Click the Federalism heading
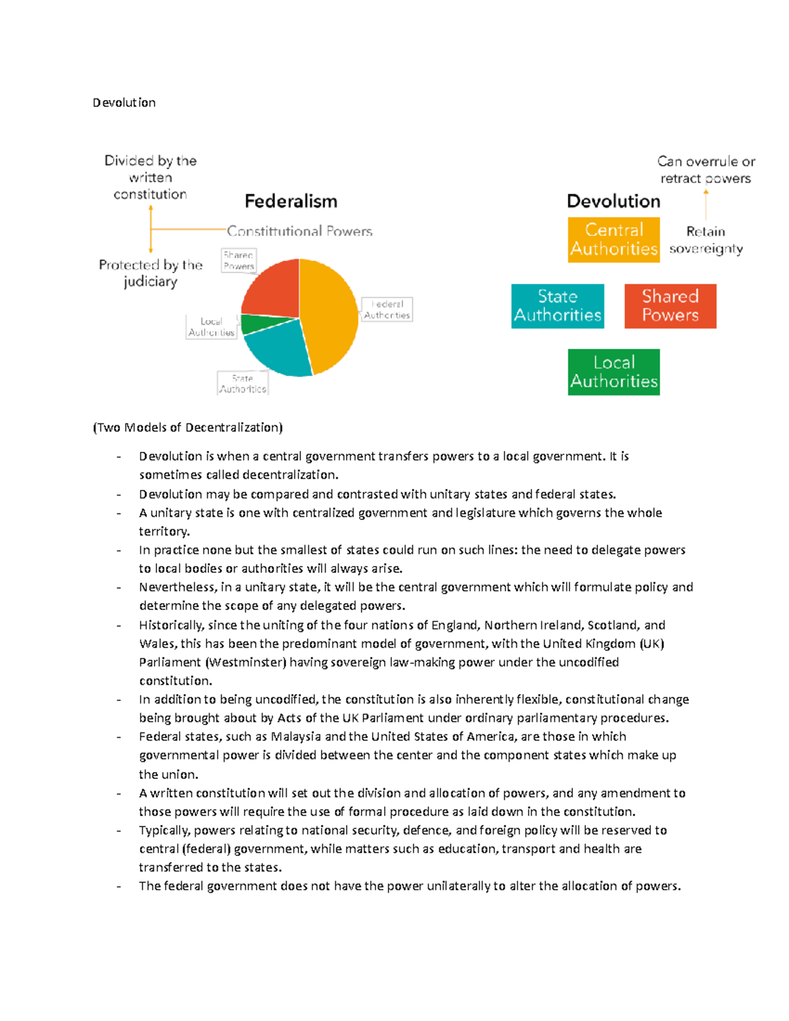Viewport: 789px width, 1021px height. tap(291, 201)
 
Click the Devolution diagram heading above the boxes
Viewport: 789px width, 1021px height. tap(613, 201)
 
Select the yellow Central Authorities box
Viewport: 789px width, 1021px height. tap(613, 240)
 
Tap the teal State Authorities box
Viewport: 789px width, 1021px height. tap(558, 306)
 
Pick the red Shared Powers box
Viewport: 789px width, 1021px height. tap(670, 306)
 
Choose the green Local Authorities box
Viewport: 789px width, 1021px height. tap(613, 372)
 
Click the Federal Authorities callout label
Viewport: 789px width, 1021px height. tap(387, 310)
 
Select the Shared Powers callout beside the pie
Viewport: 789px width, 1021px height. tap(238, 261)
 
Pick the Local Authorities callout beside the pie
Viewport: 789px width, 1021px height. tap(211, 327)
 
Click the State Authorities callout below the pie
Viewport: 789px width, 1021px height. tap(243, 383)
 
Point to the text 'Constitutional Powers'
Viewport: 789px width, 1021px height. tap(299, 231)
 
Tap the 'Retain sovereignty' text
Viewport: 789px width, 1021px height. tap(705, 240)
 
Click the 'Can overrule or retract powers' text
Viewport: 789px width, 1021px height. tap(705, 170)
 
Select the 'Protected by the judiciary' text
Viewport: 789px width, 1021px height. tap(151, 273)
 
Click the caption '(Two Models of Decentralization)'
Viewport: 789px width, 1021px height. tap(187, 427)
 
